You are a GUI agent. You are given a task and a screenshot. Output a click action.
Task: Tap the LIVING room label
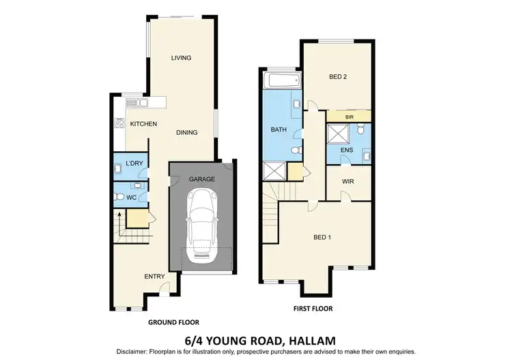point(181,58)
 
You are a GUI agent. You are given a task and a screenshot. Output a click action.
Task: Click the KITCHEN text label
point(144,124)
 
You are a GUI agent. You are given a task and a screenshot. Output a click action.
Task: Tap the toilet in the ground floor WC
point(119,198)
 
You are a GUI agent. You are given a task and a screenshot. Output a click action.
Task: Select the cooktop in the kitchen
point(119,124)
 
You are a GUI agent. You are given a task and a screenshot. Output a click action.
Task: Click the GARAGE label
point(202,179)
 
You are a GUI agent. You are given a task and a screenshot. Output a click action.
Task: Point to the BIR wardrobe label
point(350,117)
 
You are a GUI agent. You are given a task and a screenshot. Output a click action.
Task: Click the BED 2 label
point(339,77)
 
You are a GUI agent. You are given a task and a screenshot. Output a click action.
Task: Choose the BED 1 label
point(323,237)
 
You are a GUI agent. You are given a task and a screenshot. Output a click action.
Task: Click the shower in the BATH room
point(273,170)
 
